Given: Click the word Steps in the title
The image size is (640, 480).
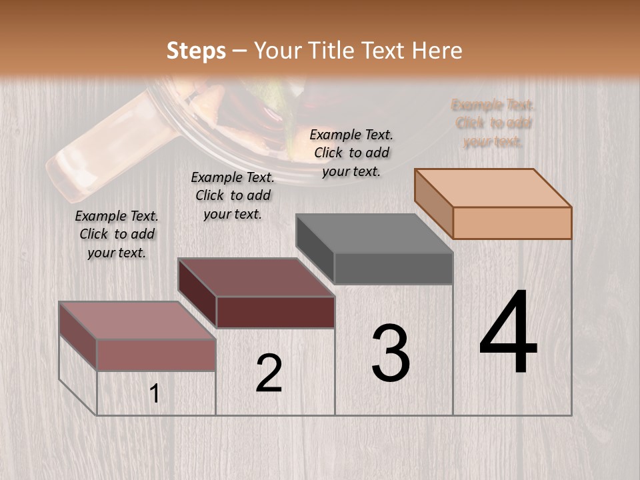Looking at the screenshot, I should click(x=196, y=51).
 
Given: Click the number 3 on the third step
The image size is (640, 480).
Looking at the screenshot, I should click(x=391, y=353).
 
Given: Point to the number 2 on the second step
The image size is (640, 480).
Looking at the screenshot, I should click(x=269, y=373).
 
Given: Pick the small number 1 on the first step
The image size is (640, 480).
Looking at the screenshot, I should click(x=155, y=394).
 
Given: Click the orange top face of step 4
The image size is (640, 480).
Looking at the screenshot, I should click(x=492, y=188).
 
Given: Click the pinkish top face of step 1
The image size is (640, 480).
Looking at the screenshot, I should click(x=137, y=321).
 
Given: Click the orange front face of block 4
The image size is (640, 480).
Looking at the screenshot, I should click(x=512, y=223).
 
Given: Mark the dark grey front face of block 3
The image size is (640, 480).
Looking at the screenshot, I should click(x=393, y=268).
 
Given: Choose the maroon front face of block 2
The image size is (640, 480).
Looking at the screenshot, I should click(x=275, y=312).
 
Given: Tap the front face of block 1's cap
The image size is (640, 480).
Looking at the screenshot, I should click(x=156, y=355).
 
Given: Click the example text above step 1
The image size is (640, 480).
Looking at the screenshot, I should click(x=117, y=234).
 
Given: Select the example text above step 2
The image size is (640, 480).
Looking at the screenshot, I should click(x=233, y=195).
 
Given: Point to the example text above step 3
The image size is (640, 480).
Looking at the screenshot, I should click(x=351, y=153).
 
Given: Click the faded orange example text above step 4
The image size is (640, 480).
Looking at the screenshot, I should click(x=493, y=123).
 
